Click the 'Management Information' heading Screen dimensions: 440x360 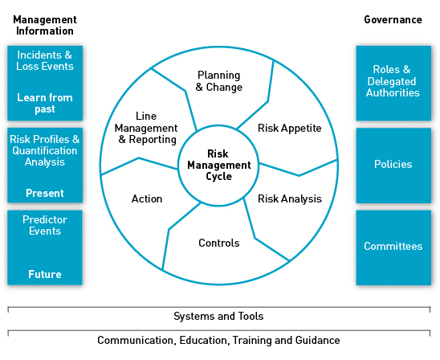45,25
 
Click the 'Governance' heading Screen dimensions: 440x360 393,19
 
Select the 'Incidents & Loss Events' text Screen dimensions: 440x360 45,60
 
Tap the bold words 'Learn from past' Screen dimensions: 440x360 45,103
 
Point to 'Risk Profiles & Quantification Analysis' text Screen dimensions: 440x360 45,150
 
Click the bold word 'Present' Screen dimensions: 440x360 45,193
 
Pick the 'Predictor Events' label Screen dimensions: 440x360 45,225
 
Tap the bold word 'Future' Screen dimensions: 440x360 45,274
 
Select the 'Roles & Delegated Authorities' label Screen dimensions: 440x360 393,81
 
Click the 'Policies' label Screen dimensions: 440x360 393,164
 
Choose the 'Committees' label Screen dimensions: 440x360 393,246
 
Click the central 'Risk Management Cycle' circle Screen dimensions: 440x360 218,165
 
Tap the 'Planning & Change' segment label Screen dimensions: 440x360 219,81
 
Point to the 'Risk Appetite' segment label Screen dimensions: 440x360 290,128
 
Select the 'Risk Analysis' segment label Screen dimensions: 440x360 290,198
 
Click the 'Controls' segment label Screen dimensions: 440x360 219,243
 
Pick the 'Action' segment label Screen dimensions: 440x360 147,198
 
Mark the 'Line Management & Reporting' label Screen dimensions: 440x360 146,128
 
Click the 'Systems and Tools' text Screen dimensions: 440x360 218,316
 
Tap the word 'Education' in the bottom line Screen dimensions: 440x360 203,341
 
